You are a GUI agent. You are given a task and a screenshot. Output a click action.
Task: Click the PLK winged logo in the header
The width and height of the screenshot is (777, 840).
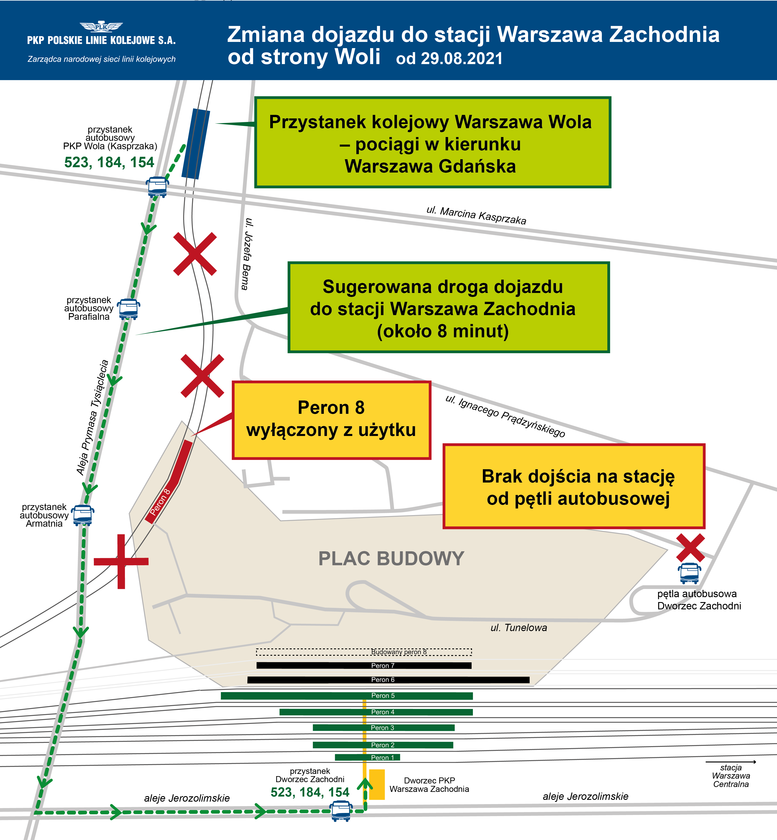(x=101, y=27)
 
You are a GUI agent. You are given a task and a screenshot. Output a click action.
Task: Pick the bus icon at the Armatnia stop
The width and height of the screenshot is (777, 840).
(x=83, y=515)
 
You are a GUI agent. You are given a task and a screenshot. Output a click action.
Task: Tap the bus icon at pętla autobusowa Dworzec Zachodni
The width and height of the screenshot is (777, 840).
(x=689, y=573)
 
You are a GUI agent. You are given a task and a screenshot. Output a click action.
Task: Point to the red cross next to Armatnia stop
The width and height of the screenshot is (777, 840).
(x=121, y=561)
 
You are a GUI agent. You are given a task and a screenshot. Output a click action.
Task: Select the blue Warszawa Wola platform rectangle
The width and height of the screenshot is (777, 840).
(x=196, y=144)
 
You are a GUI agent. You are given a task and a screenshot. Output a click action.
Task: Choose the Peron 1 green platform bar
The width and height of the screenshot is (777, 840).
(x=367, y=757)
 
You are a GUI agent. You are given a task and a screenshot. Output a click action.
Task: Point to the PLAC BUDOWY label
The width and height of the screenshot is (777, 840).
(x=391, y=558)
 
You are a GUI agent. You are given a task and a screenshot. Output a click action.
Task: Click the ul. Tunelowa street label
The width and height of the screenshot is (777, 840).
(x=519, y=628)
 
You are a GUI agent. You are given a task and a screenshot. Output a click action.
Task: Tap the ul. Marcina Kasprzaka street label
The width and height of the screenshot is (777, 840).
(x=476, y=216)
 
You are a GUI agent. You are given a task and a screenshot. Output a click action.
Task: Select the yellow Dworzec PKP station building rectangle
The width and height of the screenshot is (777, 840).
(x=377, y=784)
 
